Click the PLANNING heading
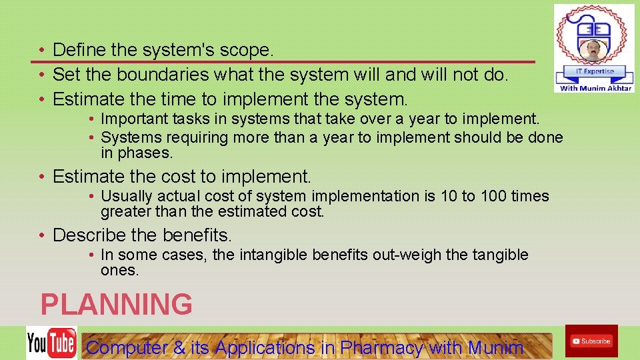click(x=116, y=305)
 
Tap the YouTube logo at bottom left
click(x=51, y=343)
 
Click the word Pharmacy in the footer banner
click(x=381, y=347)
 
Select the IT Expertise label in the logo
click(x=593, y=71)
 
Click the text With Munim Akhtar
click(x=595, y=88)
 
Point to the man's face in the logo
click(x=593, y=51)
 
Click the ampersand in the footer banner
click(x=179, y=347)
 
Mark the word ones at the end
click(x=119, y=271)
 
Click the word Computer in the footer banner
click(x=127, y=347)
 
